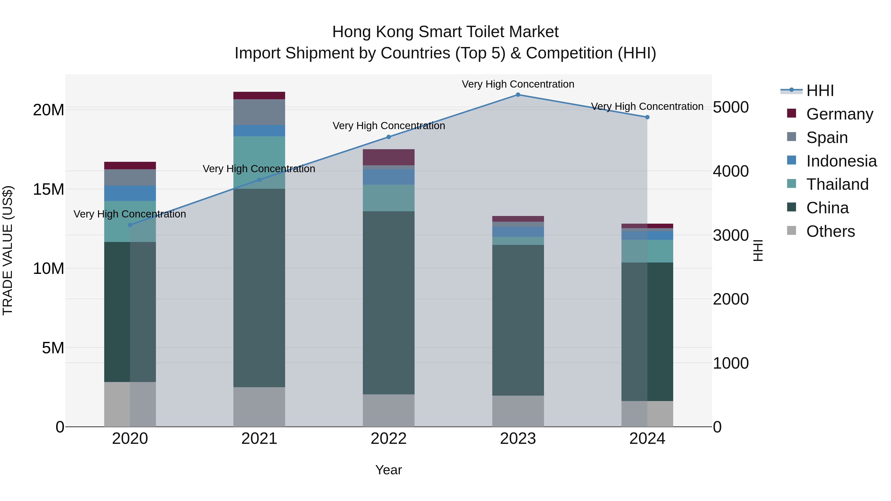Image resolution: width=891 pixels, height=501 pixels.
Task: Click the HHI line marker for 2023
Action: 518,95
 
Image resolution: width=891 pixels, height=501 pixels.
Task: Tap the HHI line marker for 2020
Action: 130,225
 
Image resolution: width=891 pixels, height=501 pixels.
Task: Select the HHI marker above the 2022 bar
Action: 388,137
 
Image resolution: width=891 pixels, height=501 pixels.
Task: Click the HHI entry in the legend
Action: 820,91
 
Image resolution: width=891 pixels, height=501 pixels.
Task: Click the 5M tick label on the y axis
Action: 53,348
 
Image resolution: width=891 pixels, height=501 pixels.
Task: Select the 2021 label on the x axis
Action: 259,439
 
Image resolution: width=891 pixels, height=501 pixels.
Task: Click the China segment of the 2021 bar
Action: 259,287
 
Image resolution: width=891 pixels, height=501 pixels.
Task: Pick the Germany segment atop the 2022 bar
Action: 388,157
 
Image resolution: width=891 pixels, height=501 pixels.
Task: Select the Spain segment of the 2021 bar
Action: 259,112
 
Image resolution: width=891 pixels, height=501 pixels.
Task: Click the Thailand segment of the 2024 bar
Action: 647,251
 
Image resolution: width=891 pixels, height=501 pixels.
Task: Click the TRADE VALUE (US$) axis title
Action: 8,250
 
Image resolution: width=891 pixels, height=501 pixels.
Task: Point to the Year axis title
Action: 388,470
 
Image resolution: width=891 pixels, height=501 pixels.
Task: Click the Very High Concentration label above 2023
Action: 518,84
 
